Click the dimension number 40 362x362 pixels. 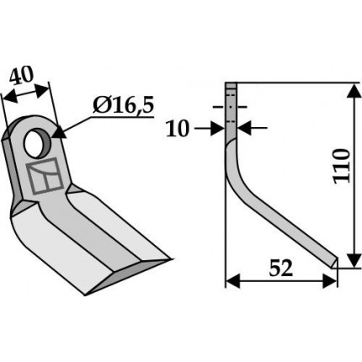click(21, 75)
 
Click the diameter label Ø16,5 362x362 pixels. click(124, 106)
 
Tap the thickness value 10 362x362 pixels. click(177, 129)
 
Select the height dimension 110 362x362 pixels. click(342, 167)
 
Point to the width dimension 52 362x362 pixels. click(281, 268)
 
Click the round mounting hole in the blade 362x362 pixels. click(38, 142)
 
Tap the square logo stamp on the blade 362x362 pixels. click(45, 176)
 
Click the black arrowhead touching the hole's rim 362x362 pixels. click(59, 132)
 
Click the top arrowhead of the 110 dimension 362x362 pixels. click(354, 91)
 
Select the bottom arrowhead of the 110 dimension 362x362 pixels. click(354, 260)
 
